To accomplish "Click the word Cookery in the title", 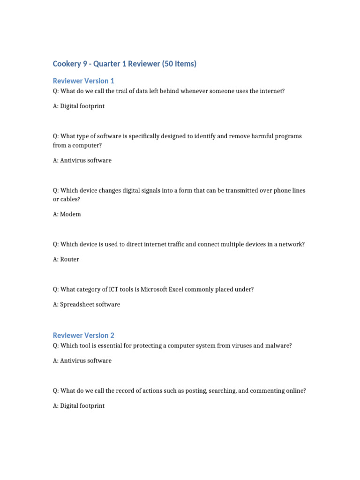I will (68, 64).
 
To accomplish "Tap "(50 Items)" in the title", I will (179, 64).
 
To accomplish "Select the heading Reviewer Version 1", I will (83, 81).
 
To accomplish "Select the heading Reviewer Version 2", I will (83, 335).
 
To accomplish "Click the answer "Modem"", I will (70, 214).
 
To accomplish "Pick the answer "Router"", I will (69, 259).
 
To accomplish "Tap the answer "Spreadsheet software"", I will (90, 304).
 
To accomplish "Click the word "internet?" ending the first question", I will (271, 91).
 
